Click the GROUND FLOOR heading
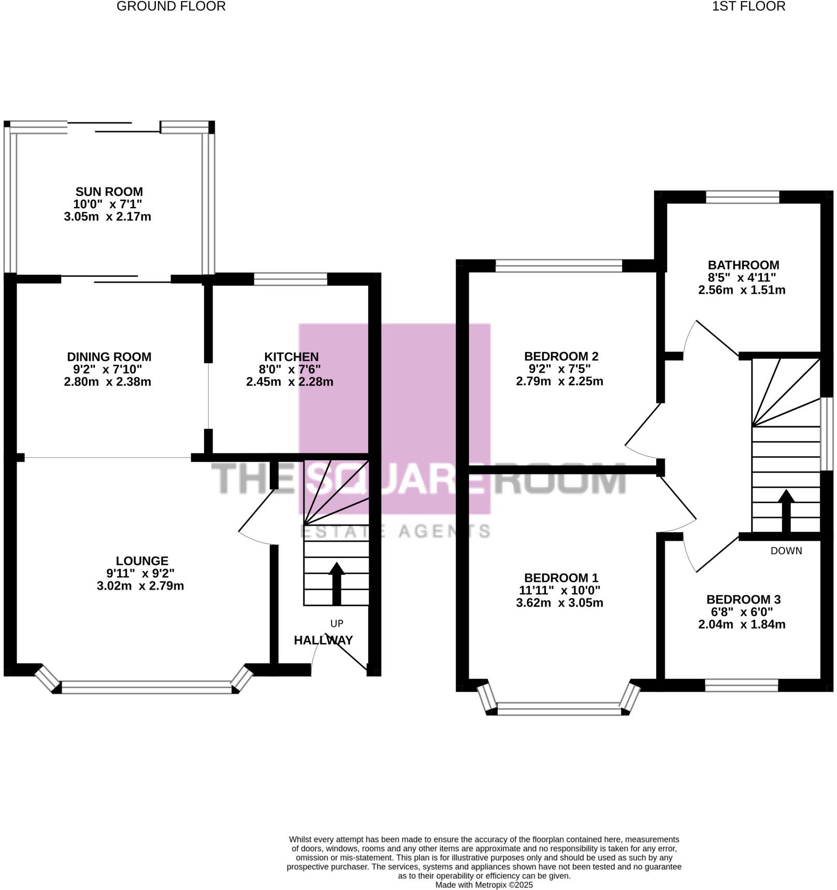171,6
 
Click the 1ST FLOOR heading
748,6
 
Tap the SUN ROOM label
109,192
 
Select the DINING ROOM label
109,357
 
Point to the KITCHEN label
291,357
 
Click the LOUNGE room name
142,561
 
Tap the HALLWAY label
323,640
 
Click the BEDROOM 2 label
561,356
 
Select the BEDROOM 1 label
561,578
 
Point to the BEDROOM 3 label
743,600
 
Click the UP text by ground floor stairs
337,623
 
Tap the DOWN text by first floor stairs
786,551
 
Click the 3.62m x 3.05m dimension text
559,603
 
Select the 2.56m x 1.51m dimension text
742,290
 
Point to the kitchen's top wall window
291,280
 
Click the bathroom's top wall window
742,197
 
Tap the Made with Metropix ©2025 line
484,885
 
